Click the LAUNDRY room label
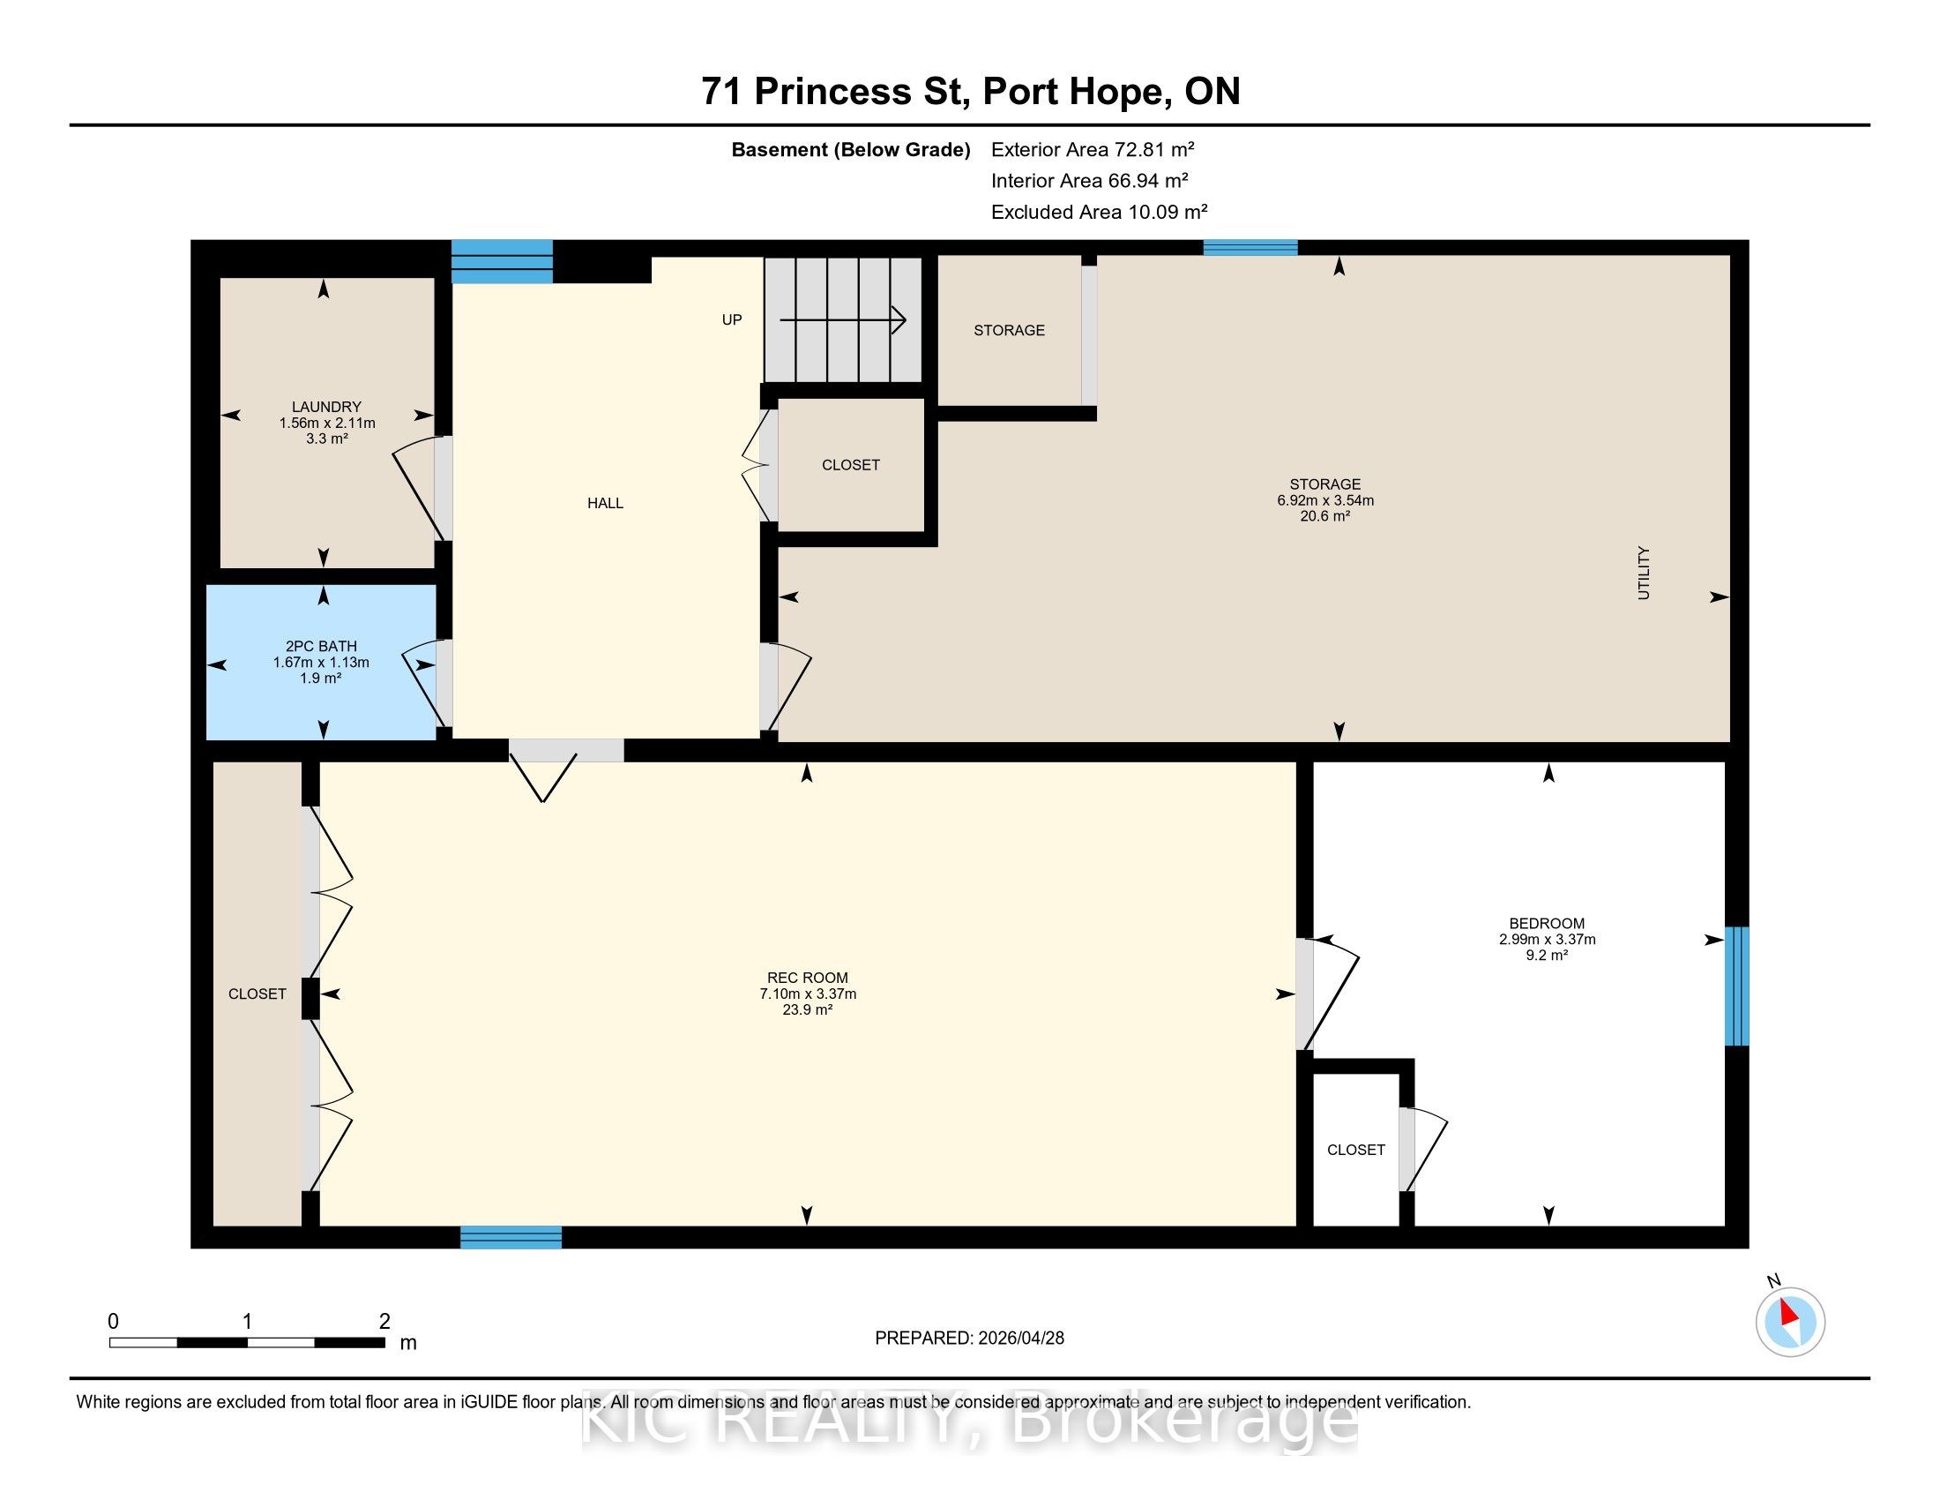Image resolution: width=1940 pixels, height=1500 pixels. (326, 407)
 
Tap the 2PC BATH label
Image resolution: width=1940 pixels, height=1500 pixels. (321, 647)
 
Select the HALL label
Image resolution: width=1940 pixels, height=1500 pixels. (605, 503)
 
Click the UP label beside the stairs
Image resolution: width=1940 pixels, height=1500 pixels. (731, 320)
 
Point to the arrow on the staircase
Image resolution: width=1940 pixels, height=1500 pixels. (843, 320)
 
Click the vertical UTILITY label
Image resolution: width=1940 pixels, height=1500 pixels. (1644, 574)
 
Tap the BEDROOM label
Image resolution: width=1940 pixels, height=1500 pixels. (1547, 923)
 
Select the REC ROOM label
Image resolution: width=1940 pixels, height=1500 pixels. (808, 978)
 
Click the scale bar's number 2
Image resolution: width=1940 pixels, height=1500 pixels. (384, 1322)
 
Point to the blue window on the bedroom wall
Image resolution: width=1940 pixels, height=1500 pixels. (1736, 986)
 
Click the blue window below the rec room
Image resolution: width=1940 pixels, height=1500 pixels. (511, 1237)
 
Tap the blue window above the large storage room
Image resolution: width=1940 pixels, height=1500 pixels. (1250, 248)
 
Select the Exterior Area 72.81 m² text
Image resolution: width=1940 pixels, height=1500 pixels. (1093, 149)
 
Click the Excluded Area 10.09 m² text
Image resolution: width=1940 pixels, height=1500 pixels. (1099, 212)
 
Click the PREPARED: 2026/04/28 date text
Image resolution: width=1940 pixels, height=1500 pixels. (969, 1339)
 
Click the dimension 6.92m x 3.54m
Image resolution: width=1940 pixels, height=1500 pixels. (1325, 500)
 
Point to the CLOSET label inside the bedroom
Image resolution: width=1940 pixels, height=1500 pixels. (1355, 1150)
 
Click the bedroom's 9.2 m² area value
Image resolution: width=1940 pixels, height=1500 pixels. (1547, 956)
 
